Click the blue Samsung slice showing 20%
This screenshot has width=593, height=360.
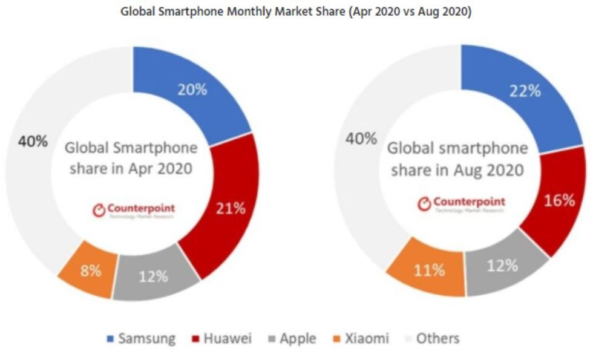point(192,90)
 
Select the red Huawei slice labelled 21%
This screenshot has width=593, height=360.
point(231,209)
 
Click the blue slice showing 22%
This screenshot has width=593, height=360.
point(523,91)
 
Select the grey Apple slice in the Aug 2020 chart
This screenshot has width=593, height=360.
point(502,266)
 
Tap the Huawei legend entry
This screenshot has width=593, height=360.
point(221,338)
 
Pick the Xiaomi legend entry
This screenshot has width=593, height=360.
point(361,338)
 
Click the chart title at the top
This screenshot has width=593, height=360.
point(296,11)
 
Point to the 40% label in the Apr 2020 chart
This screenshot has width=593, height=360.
point(32,141)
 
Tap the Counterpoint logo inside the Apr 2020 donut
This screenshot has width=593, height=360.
point(134,210)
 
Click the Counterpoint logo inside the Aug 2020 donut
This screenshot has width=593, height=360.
point(461,203)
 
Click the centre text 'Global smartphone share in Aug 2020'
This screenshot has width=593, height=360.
point(457,159)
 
